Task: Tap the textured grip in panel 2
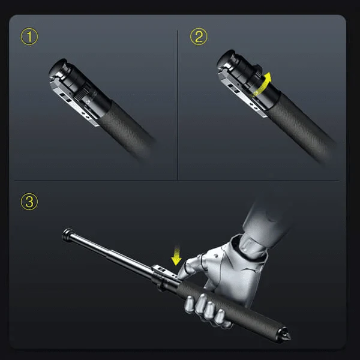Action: tap(300, 126)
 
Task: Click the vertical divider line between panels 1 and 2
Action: tap(178, 102)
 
